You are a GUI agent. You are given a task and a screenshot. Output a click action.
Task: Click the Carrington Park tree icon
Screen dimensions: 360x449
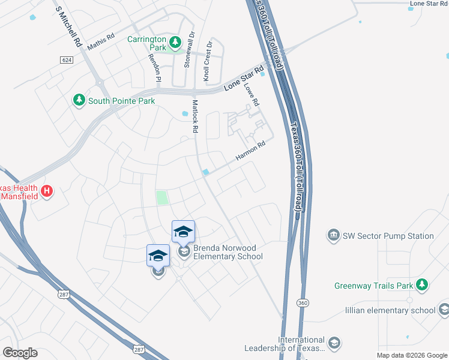175,42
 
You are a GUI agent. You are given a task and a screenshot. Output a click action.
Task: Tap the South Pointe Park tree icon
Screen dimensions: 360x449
79,100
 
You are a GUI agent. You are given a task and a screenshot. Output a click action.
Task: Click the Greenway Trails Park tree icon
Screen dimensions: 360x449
423,284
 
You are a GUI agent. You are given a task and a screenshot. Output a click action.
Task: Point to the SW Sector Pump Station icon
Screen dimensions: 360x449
333,236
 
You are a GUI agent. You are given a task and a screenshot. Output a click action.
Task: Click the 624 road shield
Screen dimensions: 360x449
67,59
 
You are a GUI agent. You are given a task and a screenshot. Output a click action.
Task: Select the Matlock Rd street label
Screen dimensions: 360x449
194,116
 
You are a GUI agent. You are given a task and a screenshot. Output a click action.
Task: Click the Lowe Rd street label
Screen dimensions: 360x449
252,94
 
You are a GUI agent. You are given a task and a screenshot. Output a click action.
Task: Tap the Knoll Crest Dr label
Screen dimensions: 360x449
207,61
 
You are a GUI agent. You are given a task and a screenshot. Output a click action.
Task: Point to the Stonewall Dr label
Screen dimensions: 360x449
190,50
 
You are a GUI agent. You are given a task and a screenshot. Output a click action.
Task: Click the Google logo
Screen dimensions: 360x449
20,353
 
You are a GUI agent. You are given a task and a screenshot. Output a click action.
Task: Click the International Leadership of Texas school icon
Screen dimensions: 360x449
335,343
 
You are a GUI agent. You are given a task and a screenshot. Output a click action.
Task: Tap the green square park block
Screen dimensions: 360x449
162,197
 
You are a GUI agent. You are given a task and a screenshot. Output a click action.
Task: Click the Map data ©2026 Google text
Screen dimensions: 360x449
411,355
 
